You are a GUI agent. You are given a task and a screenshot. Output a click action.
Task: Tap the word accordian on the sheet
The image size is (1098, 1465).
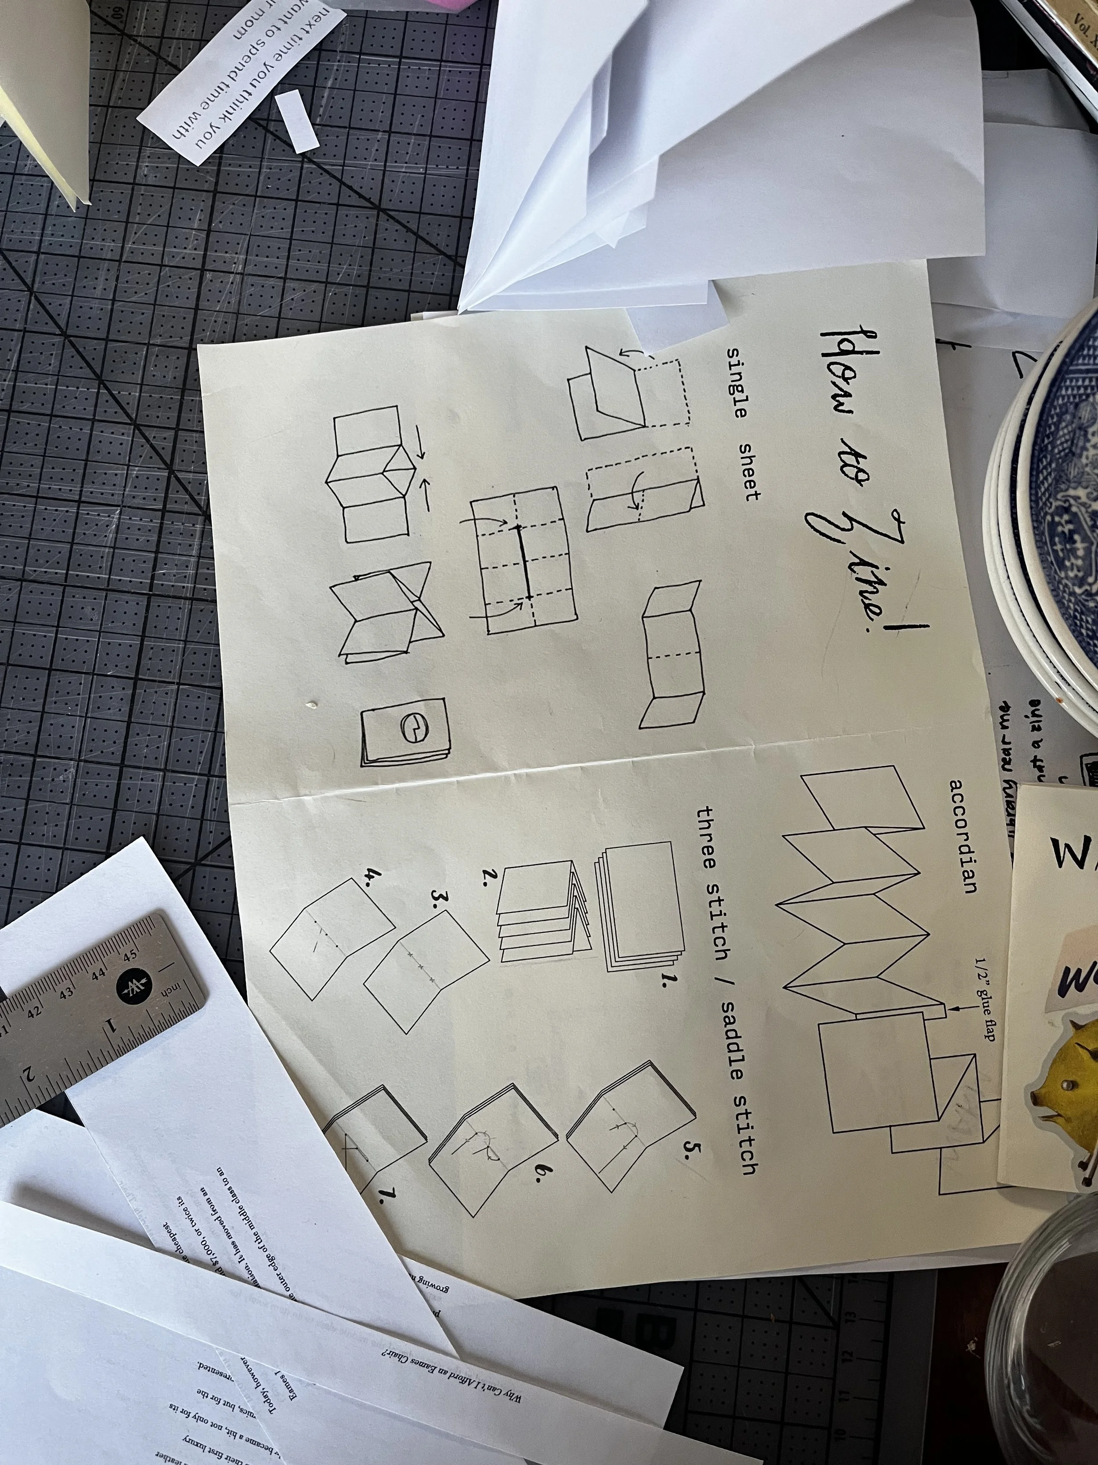pos(963,836)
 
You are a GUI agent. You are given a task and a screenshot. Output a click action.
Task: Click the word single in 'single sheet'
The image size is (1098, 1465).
pos(737,383)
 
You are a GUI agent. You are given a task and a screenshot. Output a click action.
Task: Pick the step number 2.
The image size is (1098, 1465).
pos(491,877)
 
